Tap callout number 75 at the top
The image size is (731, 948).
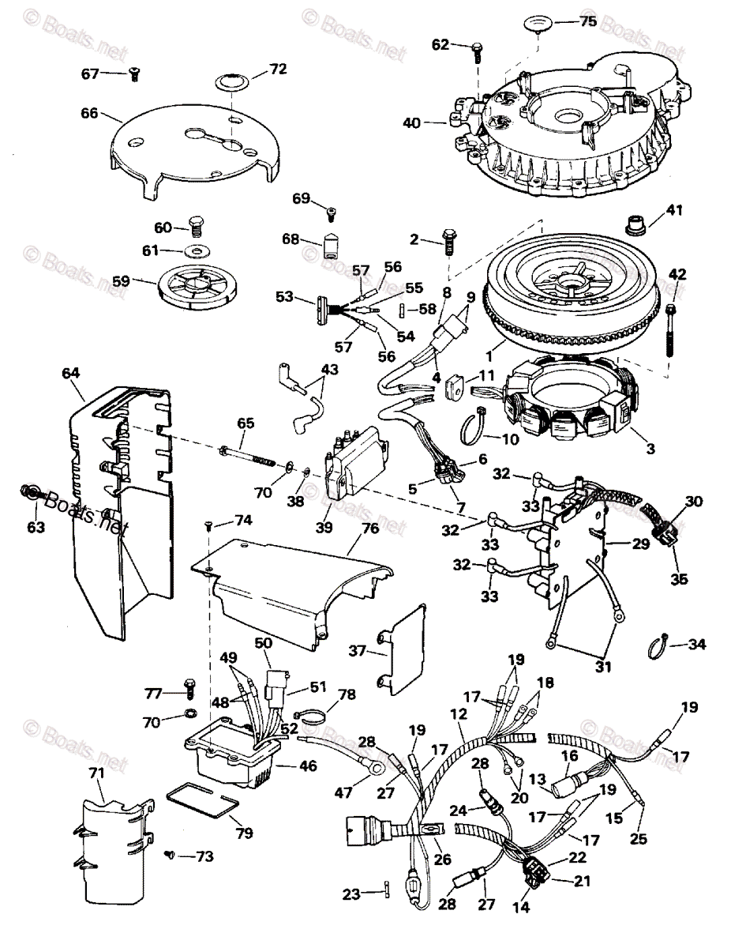click(x=588, y=22)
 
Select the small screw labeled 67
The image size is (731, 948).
click(x=133, y=74)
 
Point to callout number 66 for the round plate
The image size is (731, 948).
click(x=89, y=113)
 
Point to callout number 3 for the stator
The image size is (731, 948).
click(x=650, y=449)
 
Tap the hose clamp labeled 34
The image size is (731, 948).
click(x=657, y=645)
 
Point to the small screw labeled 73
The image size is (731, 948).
click(x=171, y=854)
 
